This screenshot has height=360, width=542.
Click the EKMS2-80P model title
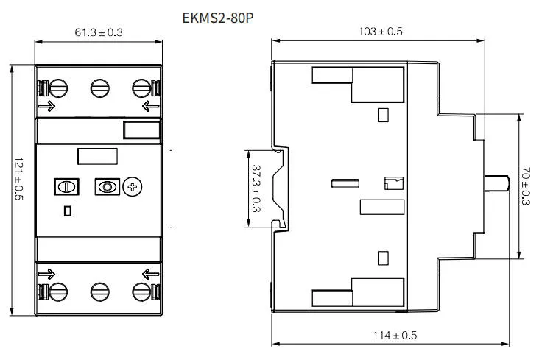pyautogui.click(x=218, y=18)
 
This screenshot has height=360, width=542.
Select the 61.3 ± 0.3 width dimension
pyautogui.click(x=99, y=32)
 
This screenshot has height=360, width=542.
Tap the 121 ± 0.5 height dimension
pyautogui.click(x=18, y=179)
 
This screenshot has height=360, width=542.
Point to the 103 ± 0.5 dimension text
pyautogui.click(x=380, y=32)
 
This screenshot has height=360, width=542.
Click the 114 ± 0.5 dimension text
pyautogui.click(x=395, y=336)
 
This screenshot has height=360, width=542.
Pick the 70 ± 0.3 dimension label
pyautogui.click(x=525, y=186)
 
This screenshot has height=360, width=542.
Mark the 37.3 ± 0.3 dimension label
pyautogui.click(x=256, y=188)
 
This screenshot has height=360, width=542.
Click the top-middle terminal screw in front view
pyautogui.click(x=100, y=88)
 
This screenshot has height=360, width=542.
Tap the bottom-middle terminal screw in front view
pyautogui.click(x=100, y=292)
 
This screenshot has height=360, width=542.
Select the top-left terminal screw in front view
pyautogui.click(x=58, y=88)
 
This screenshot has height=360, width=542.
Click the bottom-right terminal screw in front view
pyautogui.click(x=141, y=292)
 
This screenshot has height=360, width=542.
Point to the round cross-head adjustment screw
pyautogui.click(x=133, y=187)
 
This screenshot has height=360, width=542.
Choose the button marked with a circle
pyautogui.click(x=108, y=187)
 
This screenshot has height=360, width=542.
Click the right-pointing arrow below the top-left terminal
pyautogui.click(x=46, y=106)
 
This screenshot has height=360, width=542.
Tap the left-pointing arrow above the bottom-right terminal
pyautogui.click(x=151, y=275)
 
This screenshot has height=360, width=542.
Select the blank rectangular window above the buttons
pyautogui.click(x=97, y=157)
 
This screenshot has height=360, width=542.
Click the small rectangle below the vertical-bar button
pyautogui.click(x=68, y=211)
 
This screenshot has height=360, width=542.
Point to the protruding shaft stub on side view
pyautogui.click(x=497, y=183)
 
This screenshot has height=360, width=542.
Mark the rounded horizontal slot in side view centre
pyautogui.click(x=345, y=183)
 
